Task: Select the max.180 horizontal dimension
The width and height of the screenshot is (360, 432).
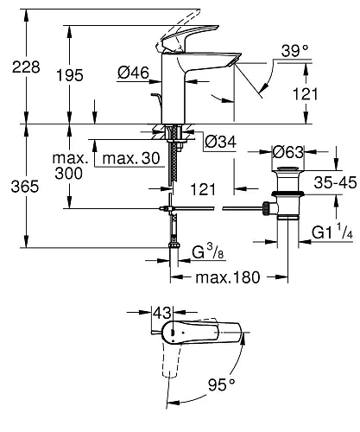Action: click(x=227, y=277)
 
